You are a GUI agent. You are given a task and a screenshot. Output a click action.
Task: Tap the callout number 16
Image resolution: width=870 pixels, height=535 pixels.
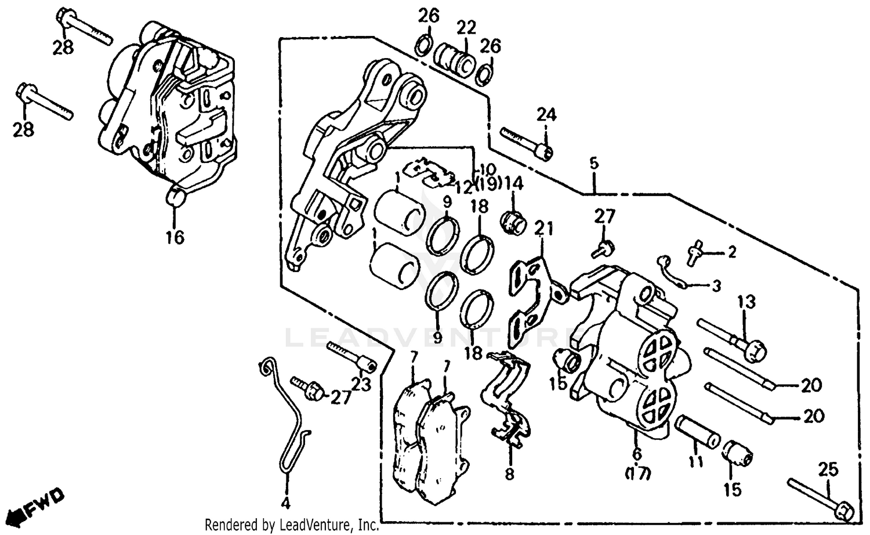(175, 237)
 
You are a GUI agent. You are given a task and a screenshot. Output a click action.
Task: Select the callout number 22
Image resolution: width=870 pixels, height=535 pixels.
(466, 28)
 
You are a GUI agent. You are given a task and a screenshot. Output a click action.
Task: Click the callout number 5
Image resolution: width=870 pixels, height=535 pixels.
(594, 164)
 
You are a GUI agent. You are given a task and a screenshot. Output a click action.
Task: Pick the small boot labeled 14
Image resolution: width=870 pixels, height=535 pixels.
(513, 222)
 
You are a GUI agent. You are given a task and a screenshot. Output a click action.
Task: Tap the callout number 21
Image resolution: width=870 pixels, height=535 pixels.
(544, 229)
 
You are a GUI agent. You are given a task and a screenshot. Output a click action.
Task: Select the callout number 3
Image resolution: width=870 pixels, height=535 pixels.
(716, 286)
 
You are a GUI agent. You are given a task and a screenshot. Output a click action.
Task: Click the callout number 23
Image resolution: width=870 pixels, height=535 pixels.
(361, 384)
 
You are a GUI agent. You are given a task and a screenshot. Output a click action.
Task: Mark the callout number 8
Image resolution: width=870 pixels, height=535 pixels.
(509, 474)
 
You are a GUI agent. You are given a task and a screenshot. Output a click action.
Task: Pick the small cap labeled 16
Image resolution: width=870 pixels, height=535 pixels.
(175, 197)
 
